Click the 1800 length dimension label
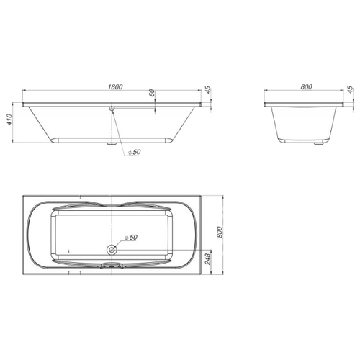[115, 86]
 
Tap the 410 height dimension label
[9, 120]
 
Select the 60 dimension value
[152, 93]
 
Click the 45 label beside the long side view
[208, 89]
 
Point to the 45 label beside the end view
[351, 89]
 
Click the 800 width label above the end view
[306, 86]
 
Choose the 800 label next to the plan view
[220, 232]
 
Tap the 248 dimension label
[207, 259]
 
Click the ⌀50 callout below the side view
[134, 152]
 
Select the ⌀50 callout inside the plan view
[131, 238]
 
